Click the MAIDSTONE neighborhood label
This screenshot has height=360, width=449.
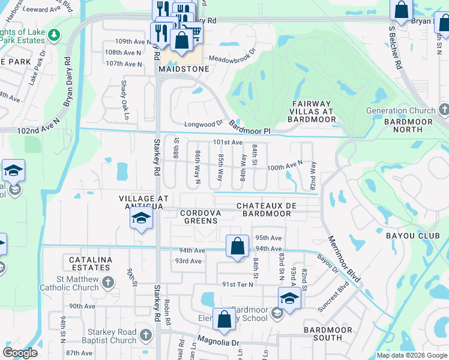click(x=184, y=69)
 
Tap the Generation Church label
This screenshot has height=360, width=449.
click(x=401, y=110)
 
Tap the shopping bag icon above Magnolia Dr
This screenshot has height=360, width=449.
click(x=224, y=321)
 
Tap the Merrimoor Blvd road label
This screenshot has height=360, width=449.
click(x=344, y=259)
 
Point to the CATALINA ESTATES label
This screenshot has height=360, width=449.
click(x=91, y=265)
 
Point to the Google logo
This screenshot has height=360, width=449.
click(x=20, y=353)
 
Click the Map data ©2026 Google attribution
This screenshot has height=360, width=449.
click(x=411, y=355)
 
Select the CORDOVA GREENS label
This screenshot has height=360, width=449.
click(x=201, y=217)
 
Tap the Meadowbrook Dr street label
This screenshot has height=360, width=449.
click(x=232, y=59)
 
